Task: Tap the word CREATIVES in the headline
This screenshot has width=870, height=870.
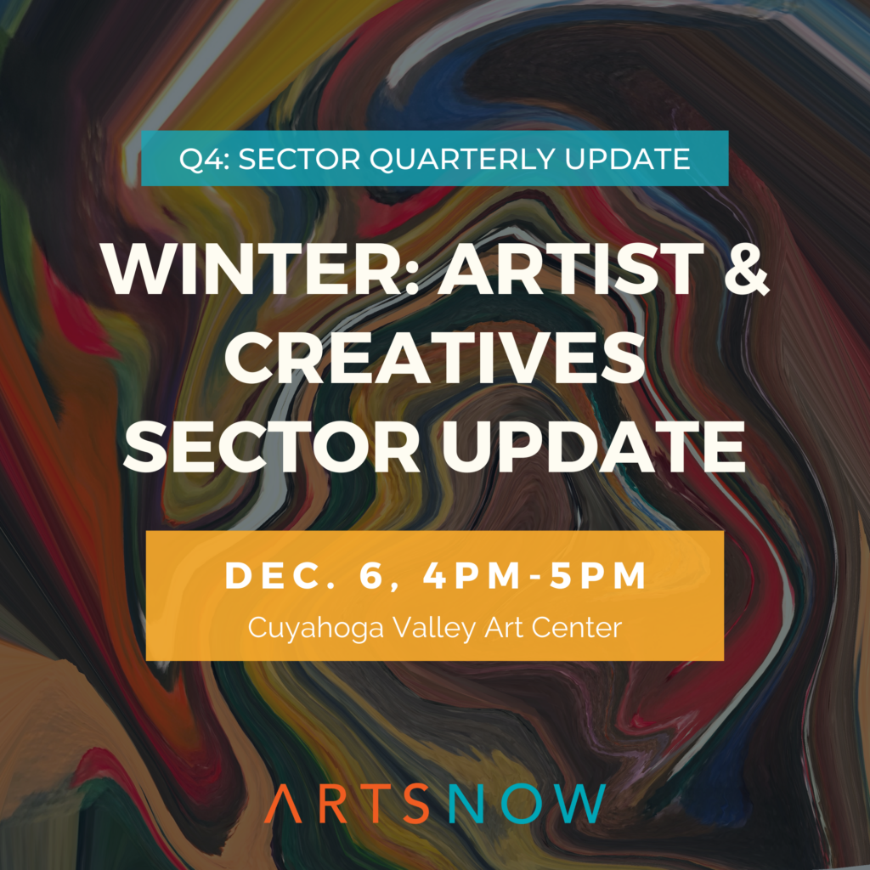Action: [x=434, y=358]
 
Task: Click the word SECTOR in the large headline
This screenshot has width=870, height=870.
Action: [x=271, y=447]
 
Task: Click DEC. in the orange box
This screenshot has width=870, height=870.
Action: [x=275, y=575]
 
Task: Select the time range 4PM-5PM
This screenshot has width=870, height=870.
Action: [x=534, y=575]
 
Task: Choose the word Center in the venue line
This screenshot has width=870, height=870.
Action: [x=577, y=628]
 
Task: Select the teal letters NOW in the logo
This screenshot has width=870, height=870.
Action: [x=527, y=804]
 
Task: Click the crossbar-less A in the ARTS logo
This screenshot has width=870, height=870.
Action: [x=283, y=804]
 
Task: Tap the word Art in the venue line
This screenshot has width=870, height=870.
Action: [x=504, y=628]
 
